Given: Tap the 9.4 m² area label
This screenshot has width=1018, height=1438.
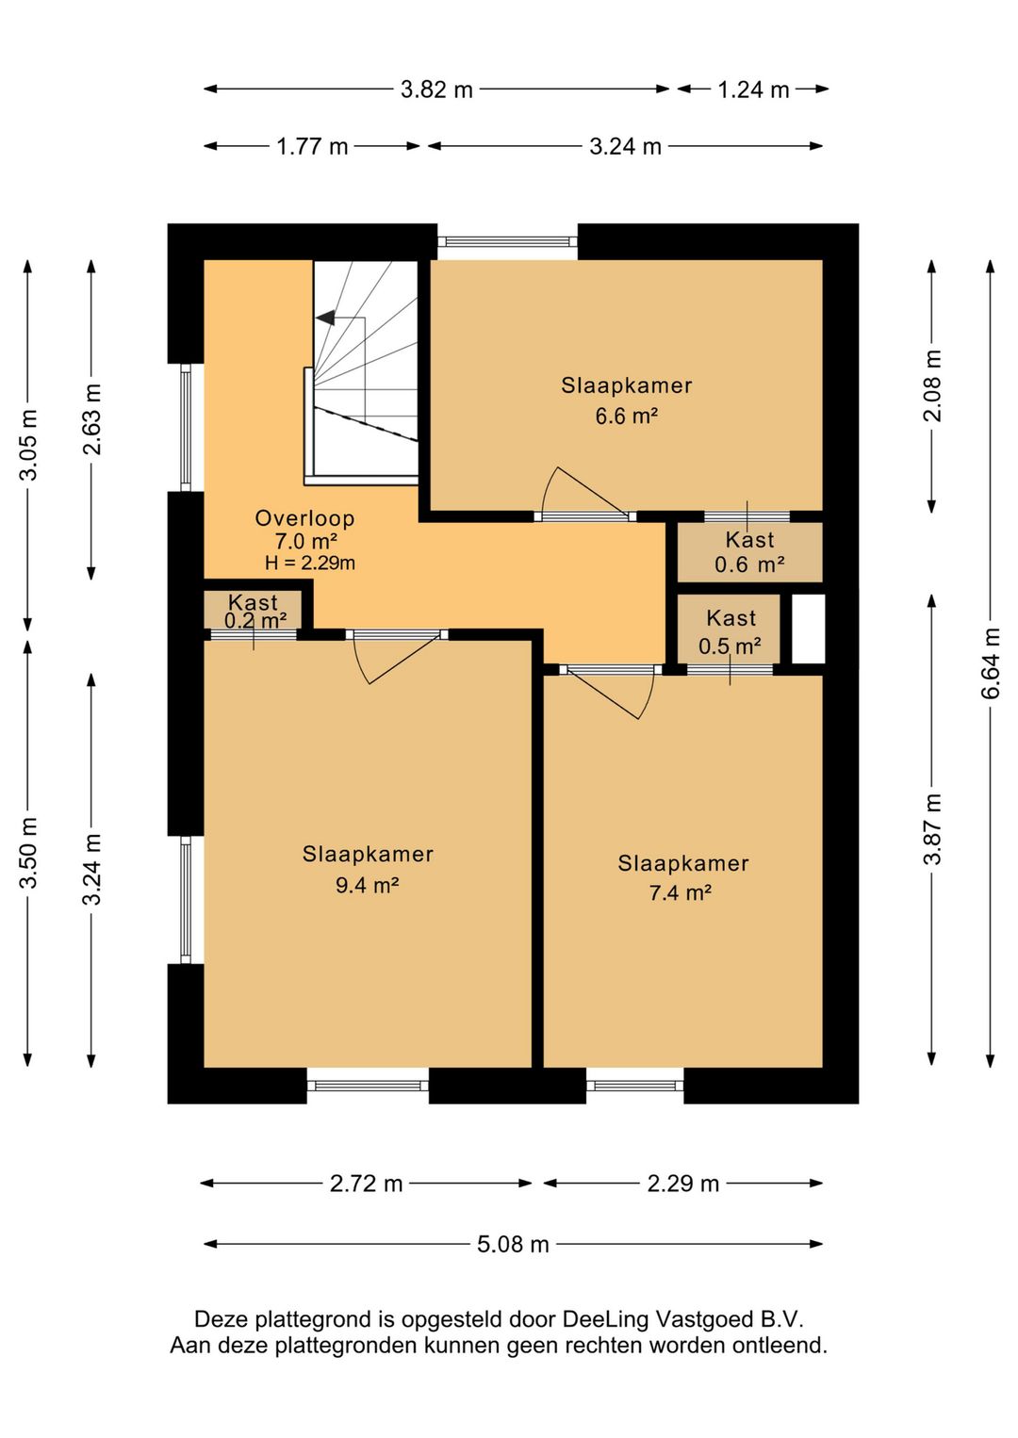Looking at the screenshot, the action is (x=368, y=885).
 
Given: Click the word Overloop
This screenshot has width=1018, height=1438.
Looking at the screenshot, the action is (x=304, y=518).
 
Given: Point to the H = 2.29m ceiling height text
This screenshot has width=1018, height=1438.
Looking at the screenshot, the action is (x=310, y=563).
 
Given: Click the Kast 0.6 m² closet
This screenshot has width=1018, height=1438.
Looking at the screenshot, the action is (x=749, y=552).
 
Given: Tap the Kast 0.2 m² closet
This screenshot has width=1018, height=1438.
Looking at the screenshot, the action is (x=253, y=610).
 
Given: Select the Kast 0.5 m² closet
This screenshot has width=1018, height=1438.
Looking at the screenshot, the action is (x=730, y=629).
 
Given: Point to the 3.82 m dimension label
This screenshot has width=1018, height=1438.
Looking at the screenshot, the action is (x=436, y=90).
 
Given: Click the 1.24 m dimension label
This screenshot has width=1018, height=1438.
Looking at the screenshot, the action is (x=753, y=90).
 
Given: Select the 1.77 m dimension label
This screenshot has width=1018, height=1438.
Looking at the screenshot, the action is (x=312, y=146).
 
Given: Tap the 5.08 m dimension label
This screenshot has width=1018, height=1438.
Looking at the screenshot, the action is (x=513, y=1245).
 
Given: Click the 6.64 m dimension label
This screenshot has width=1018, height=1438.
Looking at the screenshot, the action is (x=991, y=663).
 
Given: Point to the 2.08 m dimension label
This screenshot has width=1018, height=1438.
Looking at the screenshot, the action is (x=932, y=385).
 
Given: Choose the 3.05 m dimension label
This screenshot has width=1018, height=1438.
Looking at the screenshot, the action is (x=28, y=444).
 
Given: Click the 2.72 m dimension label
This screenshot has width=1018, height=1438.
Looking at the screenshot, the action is (x=366, y=1184).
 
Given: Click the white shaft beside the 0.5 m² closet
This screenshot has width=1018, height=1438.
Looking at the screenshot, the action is (x=808, y=629).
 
